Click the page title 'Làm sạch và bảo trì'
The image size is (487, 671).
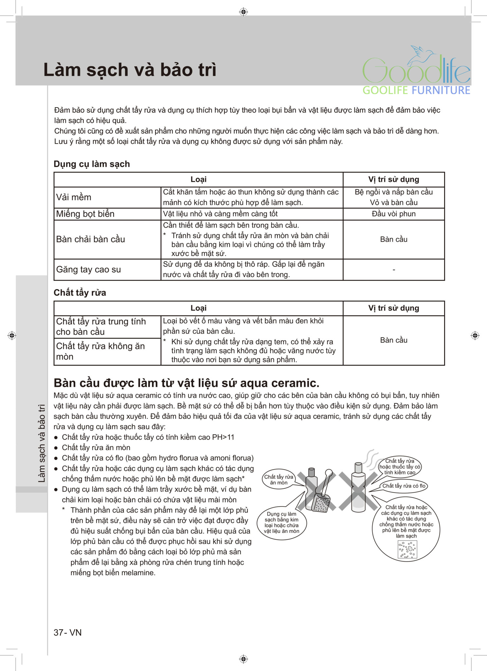coord(130,70)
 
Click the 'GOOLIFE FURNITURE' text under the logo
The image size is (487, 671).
coord(416,90)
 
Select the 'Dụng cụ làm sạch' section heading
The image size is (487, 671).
coord(92,164)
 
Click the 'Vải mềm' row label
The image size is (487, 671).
coord(74,197)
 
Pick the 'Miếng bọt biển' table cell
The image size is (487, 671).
coord(85,214)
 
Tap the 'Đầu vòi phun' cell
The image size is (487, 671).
coord(393,214)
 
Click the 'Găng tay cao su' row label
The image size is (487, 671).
coord(88,270)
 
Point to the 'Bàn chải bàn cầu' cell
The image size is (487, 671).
coord(90,239)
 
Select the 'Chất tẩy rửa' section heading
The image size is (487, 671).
coord(80,293)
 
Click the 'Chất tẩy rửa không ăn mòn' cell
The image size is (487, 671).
coord(100,351)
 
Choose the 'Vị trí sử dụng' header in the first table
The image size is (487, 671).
coord(393,179)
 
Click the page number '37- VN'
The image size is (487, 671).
coord(67,632)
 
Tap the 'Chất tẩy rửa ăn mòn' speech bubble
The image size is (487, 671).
coord(279,480)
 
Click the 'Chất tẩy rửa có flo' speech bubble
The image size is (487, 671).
coord(404,486)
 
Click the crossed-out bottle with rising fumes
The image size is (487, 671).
coord(358,488)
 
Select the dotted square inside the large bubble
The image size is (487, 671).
coord(407,549)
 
